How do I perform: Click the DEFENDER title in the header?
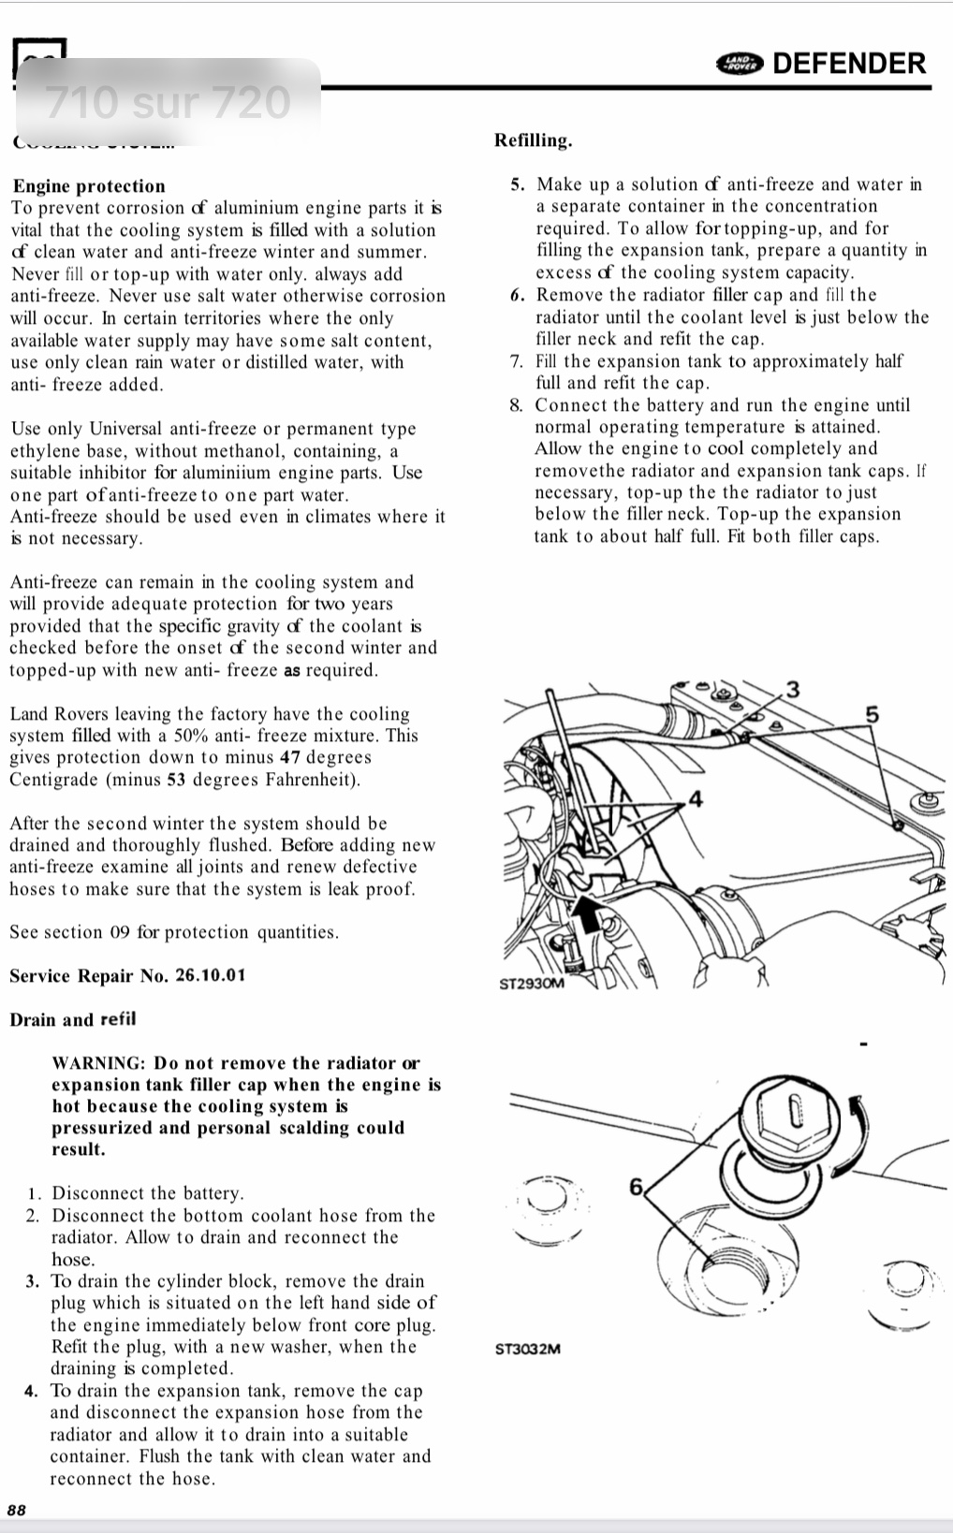[x=849, y=64]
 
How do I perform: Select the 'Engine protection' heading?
[x=89, y=186]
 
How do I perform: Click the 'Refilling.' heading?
[x=533, y=141]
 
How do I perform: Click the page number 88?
[x=17, y=1509]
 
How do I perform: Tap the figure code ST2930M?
[x=532, y=985]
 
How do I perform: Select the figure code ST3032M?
[x=528, y=1350]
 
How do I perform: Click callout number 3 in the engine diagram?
[x=792, y=690]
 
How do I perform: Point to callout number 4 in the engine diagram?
[x=695, y=798]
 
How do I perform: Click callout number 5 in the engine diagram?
[x=872, y=715]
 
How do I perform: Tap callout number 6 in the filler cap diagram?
[x=637, y=1187]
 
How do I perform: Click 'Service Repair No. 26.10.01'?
[x=127, y=976]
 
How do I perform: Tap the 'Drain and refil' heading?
[x=72, y=1019]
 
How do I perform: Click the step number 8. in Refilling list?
[x=517, y=406]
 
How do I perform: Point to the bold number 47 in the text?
[x=289, y=758]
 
